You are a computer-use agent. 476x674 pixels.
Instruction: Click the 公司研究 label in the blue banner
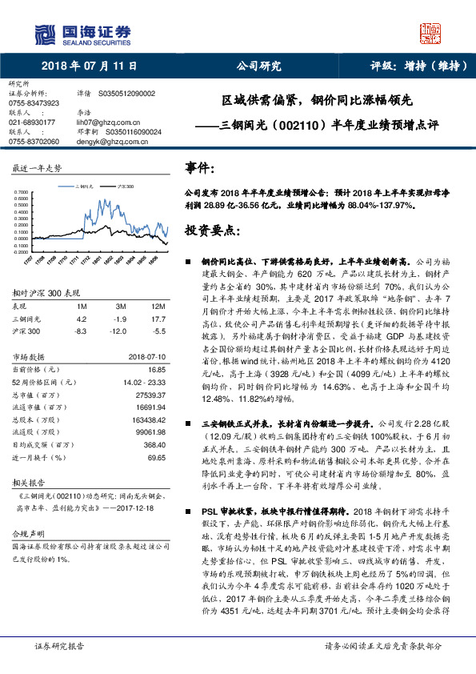point(258,66)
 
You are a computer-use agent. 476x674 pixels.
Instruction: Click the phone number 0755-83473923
point(34,103)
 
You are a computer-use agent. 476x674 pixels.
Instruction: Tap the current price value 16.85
point(156,370)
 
